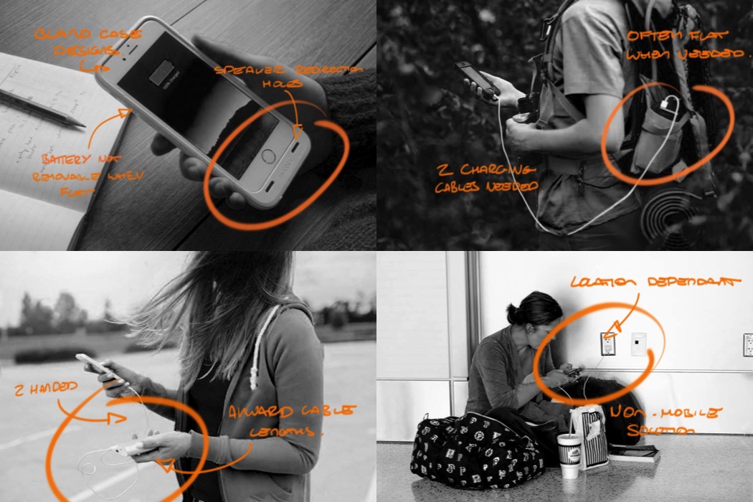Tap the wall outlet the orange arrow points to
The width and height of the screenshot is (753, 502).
point(607,345)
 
